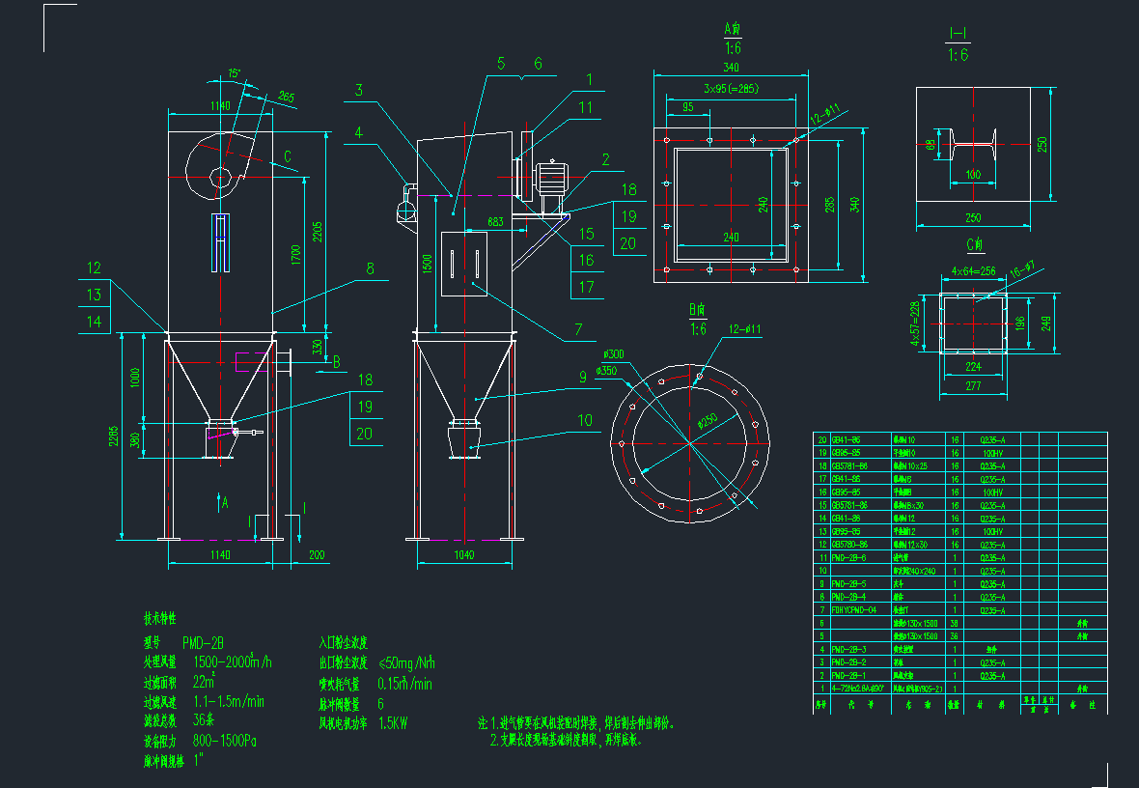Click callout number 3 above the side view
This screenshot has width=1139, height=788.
(x=358, y=91)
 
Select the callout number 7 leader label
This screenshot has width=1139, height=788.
(x=578, y=329)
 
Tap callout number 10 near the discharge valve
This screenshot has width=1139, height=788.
(x=585, y=420)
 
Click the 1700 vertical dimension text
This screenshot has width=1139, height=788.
(x=296, y=255)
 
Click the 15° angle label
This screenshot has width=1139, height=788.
(x=234, y=73)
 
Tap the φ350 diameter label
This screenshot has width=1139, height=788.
(x=606, y=370)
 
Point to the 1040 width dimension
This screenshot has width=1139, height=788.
(x=463, y=555)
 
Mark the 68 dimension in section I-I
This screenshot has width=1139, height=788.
(x=931, y=146)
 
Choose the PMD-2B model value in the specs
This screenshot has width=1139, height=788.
(x=203, y=641)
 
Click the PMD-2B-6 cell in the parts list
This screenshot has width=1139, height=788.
(x=850, y=557)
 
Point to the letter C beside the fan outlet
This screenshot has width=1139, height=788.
(x=288, y=155)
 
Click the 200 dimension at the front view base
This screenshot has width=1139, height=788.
(x=317, y=555)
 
